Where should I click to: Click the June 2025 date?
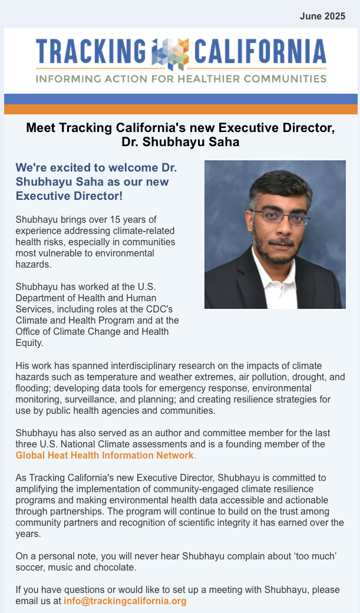point(322,17)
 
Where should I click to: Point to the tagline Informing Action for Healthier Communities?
point(180,78)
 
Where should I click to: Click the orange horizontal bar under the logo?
point(180,109)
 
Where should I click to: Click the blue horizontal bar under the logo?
point(180,98)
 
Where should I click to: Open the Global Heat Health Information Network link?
point(104,455)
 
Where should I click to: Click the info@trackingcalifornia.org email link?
point(125,601)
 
